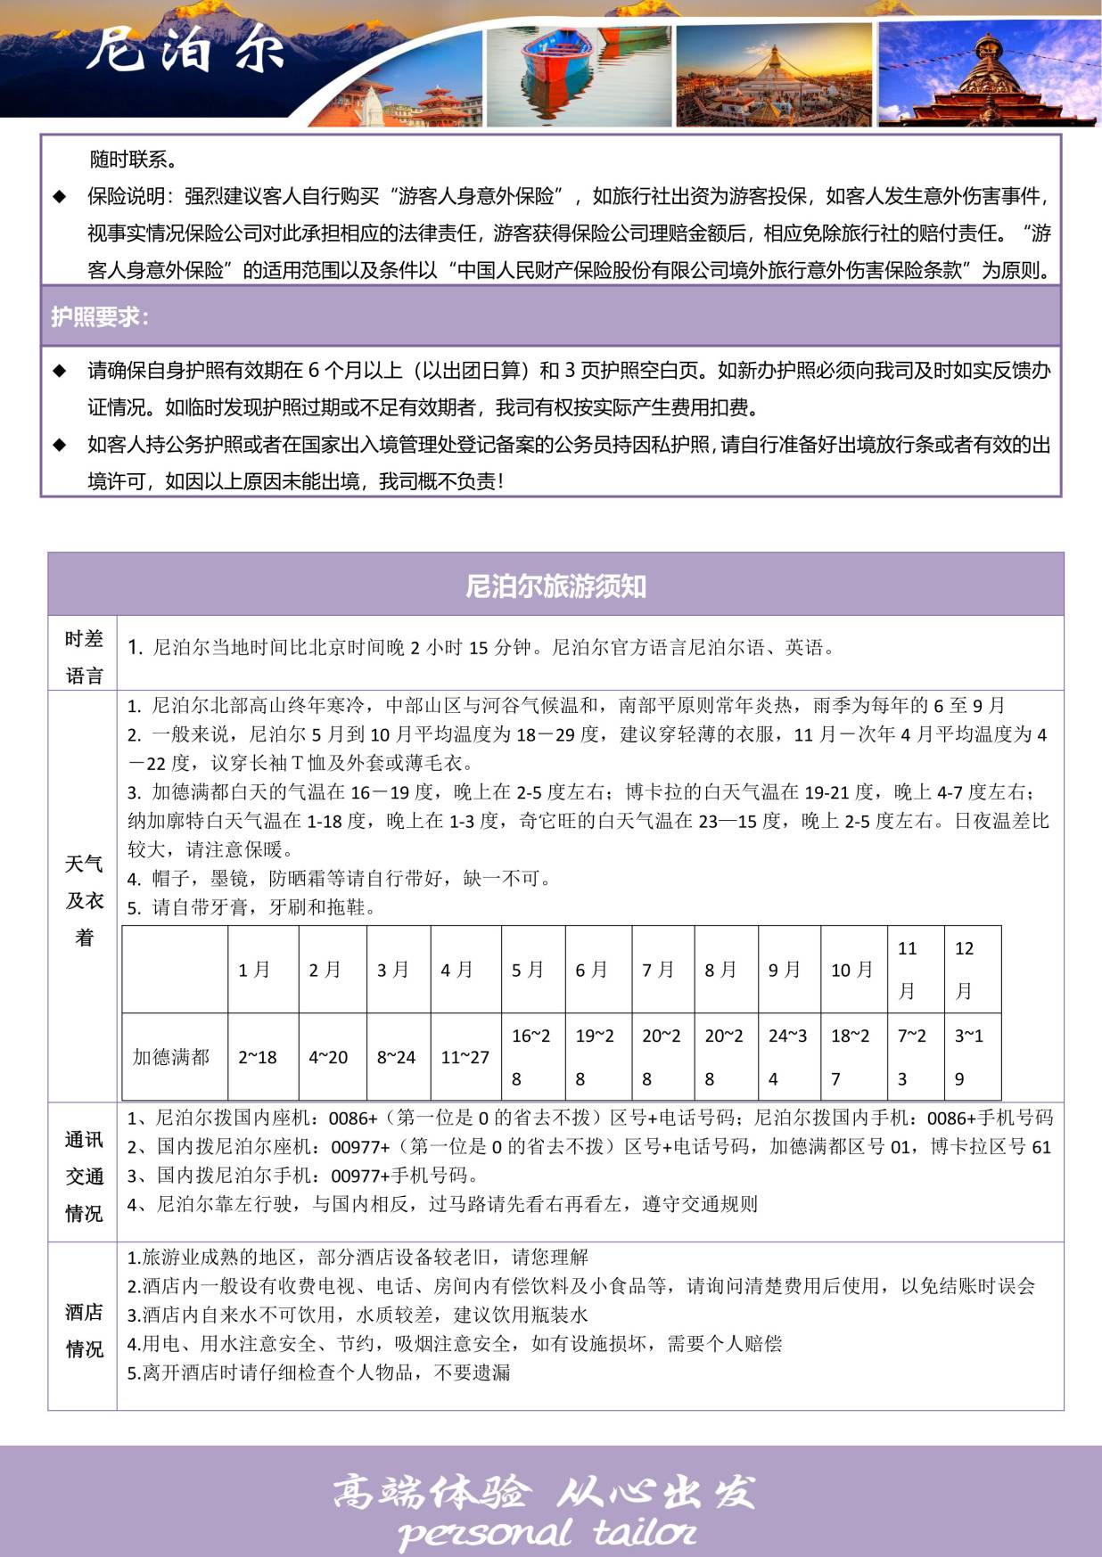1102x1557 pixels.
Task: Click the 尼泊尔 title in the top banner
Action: click(x=185, y=48)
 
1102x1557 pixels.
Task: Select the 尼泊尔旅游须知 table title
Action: click(x=555, y=586)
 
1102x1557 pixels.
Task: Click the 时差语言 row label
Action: click(x=84, y=657)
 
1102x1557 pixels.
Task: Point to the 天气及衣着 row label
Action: click(x=84, y=900)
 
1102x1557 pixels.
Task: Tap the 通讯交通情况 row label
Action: click(x=84, y=1176)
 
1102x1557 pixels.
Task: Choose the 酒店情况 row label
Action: click(x=84, y=1331)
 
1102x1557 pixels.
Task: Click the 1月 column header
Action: click(x=254, y=970)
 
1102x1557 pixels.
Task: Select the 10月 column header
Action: click(x=851, y=970)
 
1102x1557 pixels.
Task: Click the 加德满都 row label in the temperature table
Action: click(x=171, y=1057)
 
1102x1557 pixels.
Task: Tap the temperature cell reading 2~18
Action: click(x=258, y=1057)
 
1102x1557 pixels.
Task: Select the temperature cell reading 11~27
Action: click(x=465, y=1057)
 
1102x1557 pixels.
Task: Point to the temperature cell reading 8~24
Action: click(x=396, y=1057)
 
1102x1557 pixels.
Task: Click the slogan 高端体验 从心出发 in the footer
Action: click(x=544, y=1491)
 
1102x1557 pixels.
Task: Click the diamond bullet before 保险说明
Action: click(x=60, y=196)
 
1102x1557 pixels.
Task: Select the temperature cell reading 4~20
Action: click(x=328, y=1057)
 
